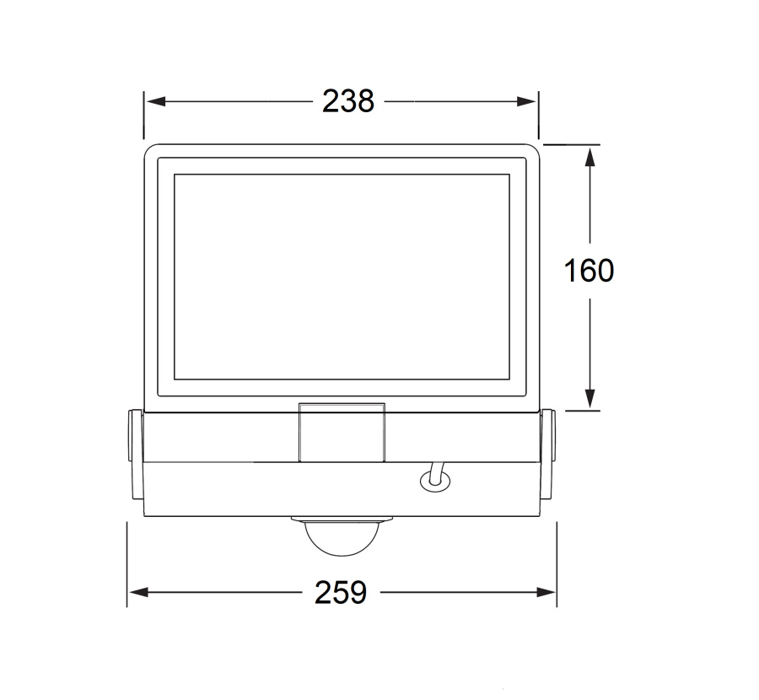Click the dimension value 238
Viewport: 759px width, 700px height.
(348, 101)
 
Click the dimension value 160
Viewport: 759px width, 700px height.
(589, 270)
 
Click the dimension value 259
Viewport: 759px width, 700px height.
(341, 592)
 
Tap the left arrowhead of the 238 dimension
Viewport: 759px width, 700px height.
(156, 101)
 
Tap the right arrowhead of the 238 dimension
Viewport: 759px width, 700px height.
(526, 101)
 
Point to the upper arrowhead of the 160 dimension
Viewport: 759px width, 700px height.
(589, 157)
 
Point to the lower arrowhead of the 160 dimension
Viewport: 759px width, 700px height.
(589, 398)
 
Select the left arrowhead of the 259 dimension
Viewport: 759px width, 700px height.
(139, 592)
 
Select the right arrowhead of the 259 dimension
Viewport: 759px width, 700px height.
(546, 592)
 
